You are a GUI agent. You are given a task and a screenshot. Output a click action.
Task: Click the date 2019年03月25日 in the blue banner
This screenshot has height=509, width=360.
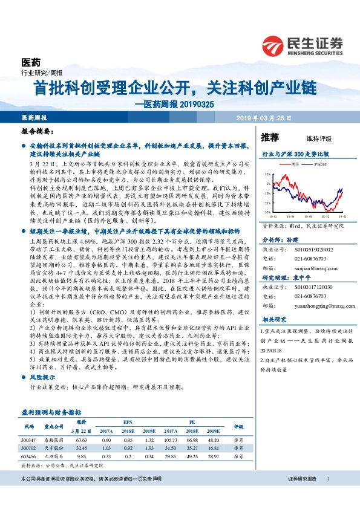click(265, 117)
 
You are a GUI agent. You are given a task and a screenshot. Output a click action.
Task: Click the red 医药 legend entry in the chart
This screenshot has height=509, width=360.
click(294, 164)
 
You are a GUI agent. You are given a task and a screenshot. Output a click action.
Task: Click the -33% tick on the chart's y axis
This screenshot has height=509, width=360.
click(267, 212)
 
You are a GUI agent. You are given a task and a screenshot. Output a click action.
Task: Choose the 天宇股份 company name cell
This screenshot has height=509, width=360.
click(54, 448)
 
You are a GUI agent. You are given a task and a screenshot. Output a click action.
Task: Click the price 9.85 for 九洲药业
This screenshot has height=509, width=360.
click(83, 456)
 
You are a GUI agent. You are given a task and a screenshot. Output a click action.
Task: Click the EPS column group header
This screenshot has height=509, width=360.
click(128, 423)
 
